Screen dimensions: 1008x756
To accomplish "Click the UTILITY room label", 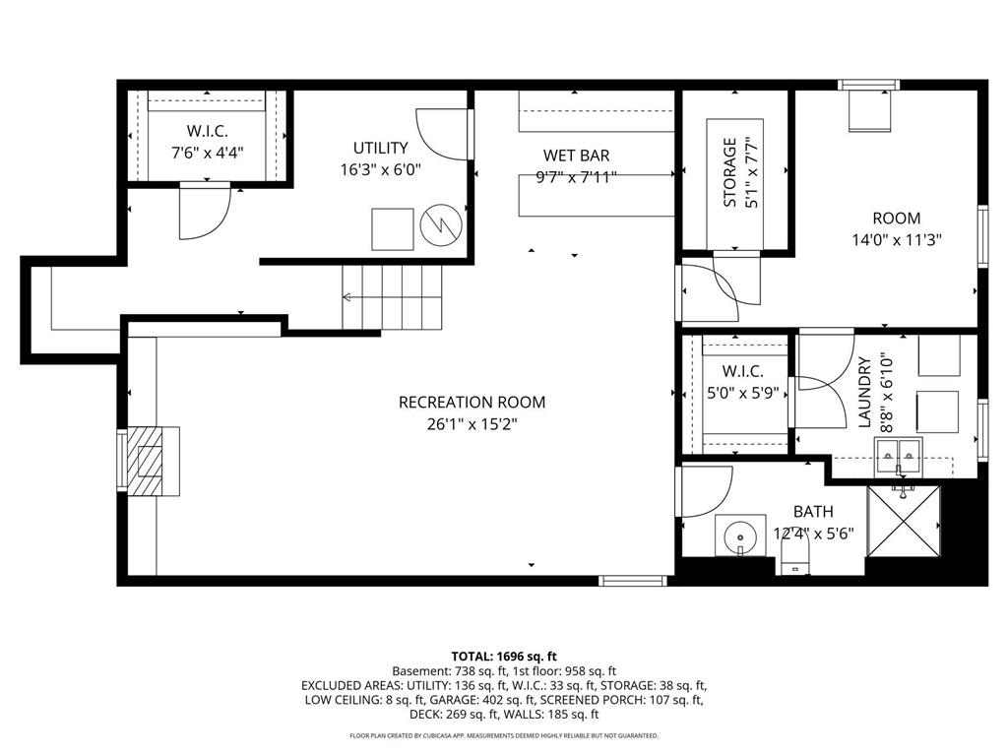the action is click(381, 148).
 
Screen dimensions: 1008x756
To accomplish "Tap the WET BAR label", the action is click(576, 155).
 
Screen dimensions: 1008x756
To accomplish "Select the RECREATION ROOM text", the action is click(472, 403).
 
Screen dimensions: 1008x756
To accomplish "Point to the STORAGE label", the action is click(729, 172).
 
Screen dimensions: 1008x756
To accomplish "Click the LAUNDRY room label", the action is click(864, 393).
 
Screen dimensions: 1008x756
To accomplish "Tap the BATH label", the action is click(813, 512).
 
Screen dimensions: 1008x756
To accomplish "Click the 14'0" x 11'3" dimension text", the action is click(897, 240).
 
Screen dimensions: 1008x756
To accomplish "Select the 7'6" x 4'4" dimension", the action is click(207, 153).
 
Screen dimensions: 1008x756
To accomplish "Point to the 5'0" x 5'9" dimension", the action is click(743, 392).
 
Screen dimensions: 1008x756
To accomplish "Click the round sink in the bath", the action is click(740, 535).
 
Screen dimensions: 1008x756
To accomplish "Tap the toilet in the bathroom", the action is click(793, 555).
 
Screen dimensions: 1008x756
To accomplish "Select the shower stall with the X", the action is click(904, 521).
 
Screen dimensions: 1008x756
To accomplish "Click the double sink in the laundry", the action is click(898, 458).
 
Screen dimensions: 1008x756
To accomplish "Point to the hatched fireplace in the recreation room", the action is click(153, 461).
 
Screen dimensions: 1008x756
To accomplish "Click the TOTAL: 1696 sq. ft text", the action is click(504, 657).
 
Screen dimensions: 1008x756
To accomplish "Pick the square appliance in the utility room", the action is click(392, 229).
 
